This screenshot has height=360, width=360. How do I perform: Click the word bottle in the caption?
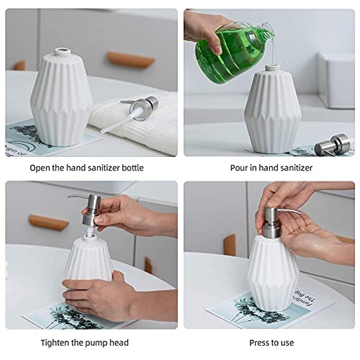[x=130, y=168]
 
